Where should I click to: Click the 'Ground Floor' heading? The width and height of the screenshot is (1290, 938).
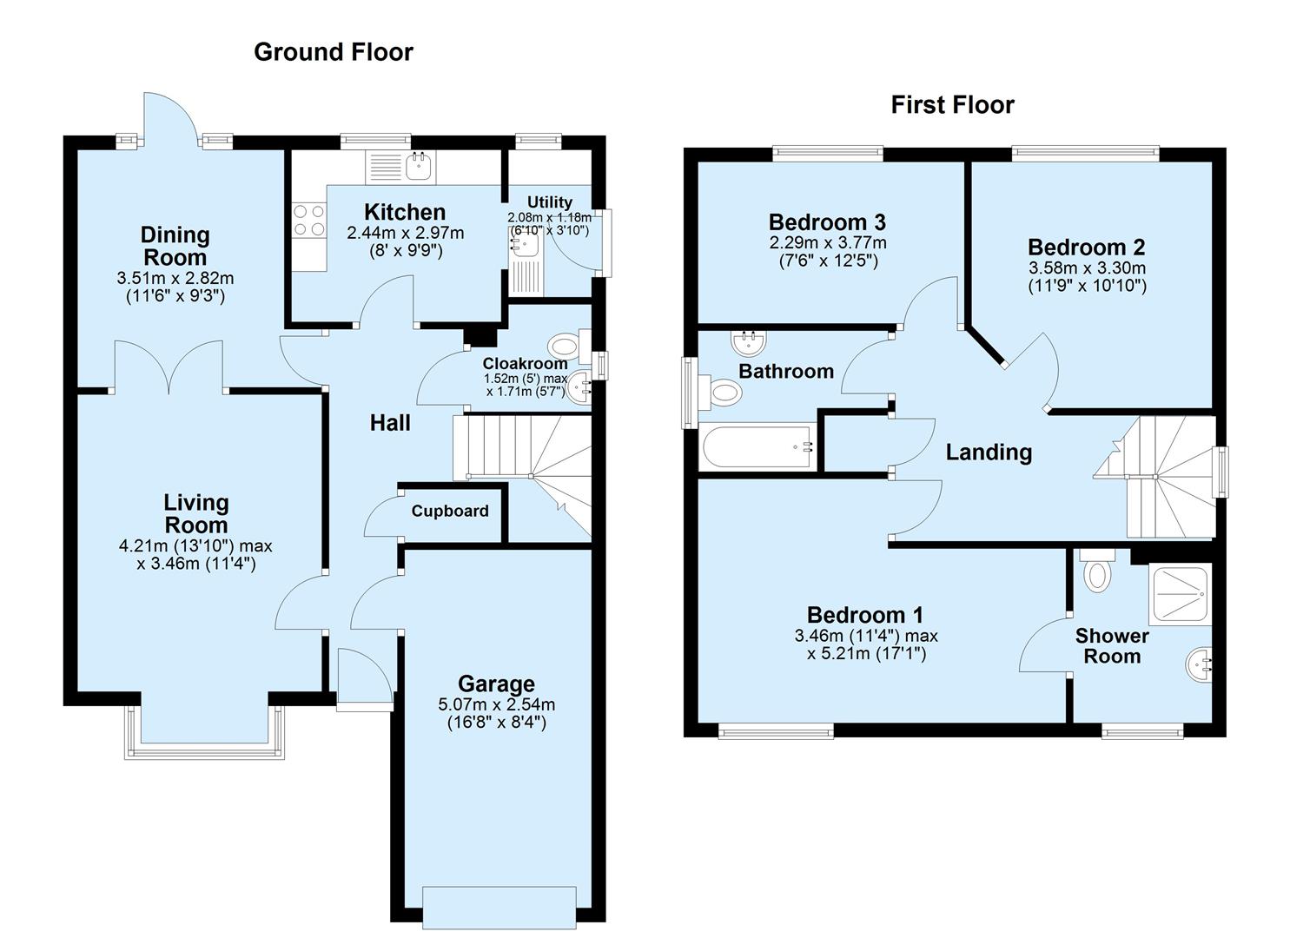coord(333,52)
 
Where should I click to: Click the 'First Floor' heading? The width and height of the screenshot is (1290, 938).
coord(952,105)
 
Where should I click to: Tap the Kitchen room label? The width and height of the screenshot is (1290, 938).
coord(405,212)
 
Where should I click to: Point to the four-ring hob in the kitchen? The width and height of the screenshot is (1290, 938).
coord(308,220)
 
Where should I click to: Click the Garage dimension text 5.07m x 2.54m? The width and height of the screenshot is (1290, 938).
coord(496,704)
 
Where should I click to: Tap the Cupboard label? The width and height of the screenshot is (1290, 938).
coord(449,512)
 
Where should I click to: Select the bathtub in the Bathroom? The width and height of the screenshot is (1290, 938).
coord(757,447)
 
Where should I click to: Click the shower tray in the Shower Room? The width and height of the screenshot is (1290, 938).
coord(1179,595)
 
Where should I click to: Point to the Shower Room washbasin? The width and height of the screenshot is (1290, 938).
coord(1200,666)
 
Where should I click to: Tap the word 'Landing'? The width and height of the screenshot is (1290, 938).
coord(989,452)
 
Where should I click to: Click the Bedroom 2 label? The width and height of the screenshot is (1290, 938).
coord(1086,248)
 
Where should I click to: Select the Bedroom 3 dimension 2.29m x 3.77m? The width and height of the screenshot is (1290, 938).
coord(827,243)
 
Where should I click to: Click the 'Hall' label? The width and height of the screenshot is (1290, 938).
coord(390,423)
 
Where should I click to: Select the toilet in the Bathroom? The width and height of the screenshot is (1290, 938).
coord(724,393)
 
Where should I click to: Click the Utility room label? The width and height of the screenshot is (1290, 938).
coord(549,202)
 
